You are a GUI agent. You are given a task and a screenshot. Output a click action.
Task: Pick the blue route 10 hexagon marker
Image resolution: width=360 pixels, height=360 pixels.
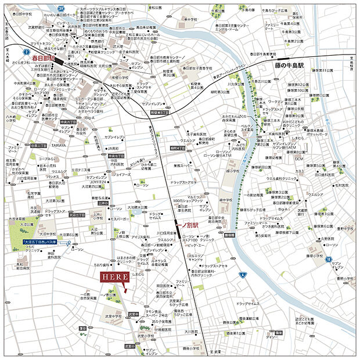pos(328,258)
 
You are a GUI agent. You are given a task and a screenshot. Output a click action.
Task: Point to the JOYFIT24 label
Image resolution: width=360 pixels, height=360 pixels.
pos(96,182)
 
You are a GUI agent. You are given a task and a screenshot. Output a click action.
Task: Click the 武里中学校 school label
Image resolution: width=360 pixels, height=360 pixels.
pos(114,316)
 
